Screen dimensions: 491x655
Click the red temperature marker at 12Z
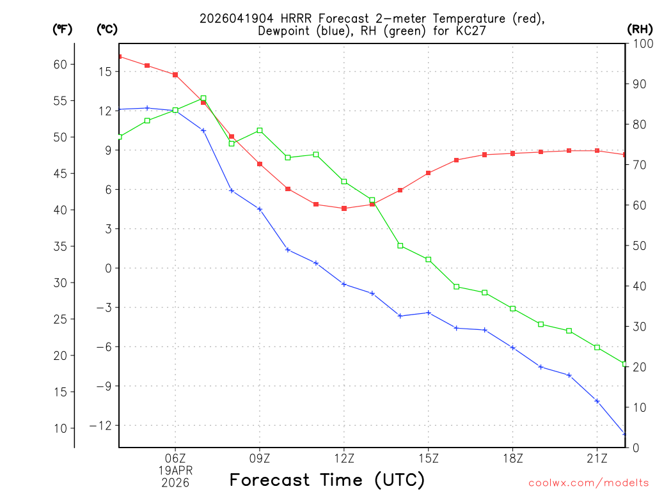(344, 208)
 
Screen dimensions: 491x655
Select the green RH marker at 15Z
(429, 259)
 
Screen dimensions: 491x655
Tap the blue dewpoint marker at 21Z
(597, 401)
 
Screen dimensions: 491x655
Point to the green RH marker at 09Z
(260, 130)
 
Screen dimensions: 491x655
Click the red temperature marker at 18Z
(513, 153)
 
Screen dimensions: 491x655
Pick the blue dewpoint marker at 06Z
(175, 111)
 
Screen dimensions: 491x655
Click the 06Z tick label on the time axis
(175, 458)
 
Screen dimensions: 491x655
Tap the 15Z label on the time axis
(429, 458)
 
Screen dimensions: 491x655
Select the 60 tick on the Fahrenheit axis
(61, 64)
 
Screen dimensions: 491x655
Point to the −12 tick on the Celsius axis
(101, 425)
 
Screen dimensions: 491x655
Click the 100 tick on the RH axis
(639, 43)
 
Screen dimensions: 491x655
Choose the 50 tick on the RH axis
(637, 245)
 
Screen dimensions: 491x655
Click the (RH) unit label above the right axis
(639, 28)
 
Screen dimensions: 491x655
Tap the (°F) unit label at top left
(62, 28)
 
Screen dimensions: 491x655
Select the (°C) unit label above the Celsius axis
(107, 28)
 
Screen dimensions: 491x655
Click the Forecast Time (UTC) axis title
(327, 479)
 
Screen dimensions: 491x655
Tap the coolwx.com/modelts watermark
(588, 482)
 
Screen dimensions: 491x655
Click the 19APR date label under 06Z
(175, 470)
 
